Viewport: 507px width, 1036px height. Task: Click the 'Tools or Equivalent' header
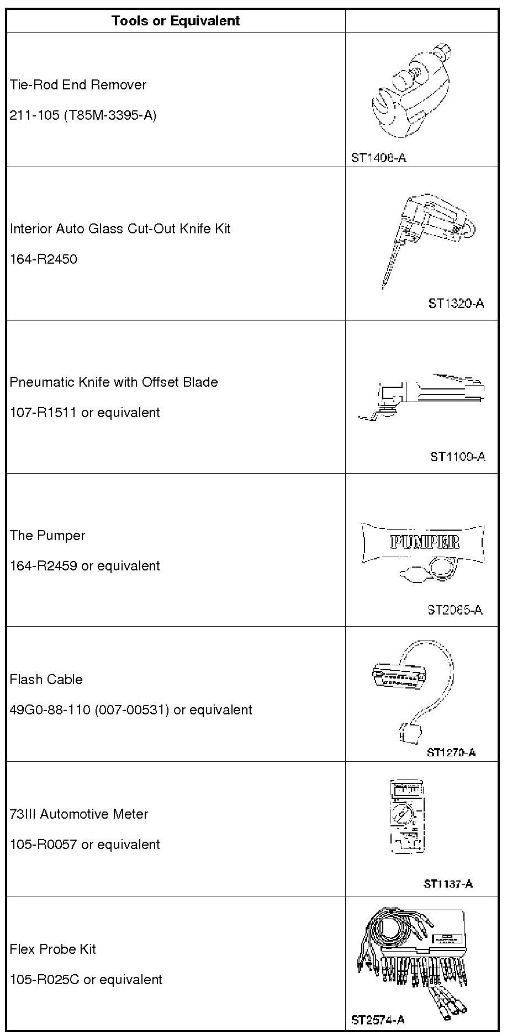pyautogui.click(x=176, y=21)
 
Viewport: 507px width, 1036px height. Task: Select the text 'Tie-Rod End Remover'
pyautogui.click(x=78, y=85)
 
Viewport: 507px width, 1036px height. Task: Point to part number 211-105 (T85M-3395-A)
pyautogui.click(x=83, y=115)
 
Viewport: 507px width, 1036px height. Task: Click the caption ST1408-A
pyautogui.click(x=378, y=158)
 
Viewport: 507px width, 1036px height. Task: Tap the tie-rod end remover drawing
pyautogui.click(x=411, y=91)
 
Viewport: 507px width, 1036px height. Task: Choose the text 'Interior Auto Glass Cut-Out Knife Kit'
pyautogui.click(x=120, y=229)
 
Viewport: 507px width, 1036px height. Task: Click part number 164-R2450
pyautogui.click(x=43, y=259)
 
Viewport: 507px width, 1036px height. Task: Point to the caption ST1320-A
pyautogui.click(x=456, y=303)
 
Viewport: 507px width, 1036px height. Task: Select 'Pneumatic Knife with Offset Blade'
pyautogui.click(x=114, y=382)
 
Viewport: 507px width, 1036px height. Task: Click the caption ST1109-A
pyautogui.click(x=457, y=457)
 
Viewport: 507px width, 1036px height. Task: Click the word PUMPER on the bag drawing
pyautogui.click(x=424, y=542)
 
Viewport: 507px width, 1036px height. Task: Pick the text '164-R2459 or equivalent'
pyautogui.click(x=84, y=566)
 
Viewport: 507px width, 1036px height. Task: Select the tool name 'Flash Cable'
pyautogui.click(x=46, y=680)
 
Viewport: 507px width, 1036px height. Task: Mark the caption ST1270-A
pyautogui.click(x=451, y=752)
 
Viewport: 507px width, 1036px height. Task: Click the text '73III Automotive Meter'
pyautogui.click(x=79, y=814)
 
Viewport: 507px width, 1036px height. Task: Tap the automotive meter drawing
pyautogui.click(x=408, y=817)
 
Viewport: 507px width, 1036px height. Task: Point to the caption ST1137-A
pyautogui.click(x=448, y=884)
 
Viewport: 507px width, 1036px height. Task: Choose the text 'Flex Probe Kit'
pyautogui.click(x=52, y=949)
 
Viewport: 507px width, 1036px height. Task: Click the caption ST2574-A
pyautogui.click(x=378, y=1020)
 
